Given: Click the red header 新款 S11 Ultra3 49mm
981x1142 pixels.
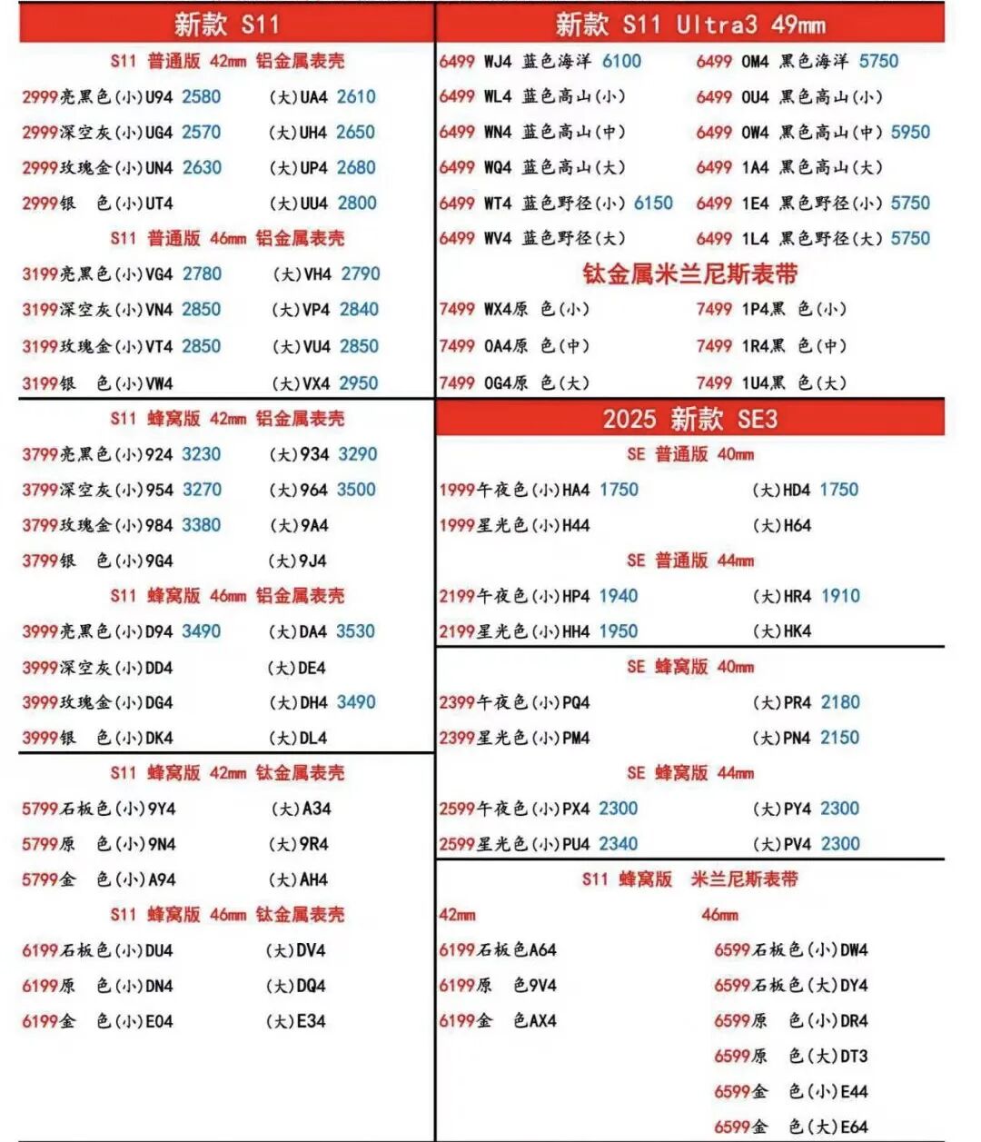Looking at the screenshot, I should coord(690,25).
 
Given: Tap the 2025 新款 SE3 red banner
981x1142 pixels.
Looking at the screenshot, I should coord(690,419).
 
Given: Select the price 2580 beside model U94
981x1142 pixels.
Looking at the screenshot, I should coord(201,96).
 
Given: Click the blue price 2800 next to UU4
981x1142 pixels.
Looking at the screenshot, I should coord(357,203).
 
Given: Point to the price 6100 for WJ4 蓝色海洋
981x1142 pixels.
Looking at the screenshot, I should coord(621,61).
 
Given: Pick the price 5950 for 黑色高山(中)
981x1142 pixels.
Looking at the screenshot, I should coord(910,132).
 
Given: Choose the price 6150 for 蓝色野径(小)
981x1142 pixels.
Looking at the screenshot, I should coord(653,203).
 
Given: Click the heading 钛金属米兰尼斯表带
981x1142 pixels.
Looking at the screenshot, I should coord(690,273).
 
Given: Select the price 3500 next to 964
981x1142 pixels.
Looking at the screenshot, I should coord(356,490).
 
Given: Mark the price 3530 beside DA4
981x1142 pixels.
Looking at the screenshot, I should coord(355,631).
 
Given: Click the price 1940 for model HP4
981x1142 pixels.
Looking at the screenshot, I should coord(619,596).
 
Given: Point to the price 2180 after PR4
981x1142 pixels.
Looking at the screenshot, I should coord(840,702).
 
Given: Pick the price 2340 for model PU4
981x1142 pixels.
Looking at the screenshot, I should coord(619,844).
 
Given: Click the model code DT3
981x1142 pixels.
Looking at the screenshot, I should coord(854,1057).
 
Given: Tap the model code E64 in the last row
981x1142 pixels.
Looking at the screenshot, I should coord(854,1127).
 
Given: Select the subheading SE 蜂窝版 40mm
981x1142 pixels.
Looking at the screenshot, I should coord(690,667).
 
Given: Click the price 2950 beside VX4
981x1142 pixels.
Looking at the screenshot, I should coord(359,383).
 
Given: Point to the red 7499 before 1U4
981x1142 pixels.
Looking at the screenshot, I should coord(714,383).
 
